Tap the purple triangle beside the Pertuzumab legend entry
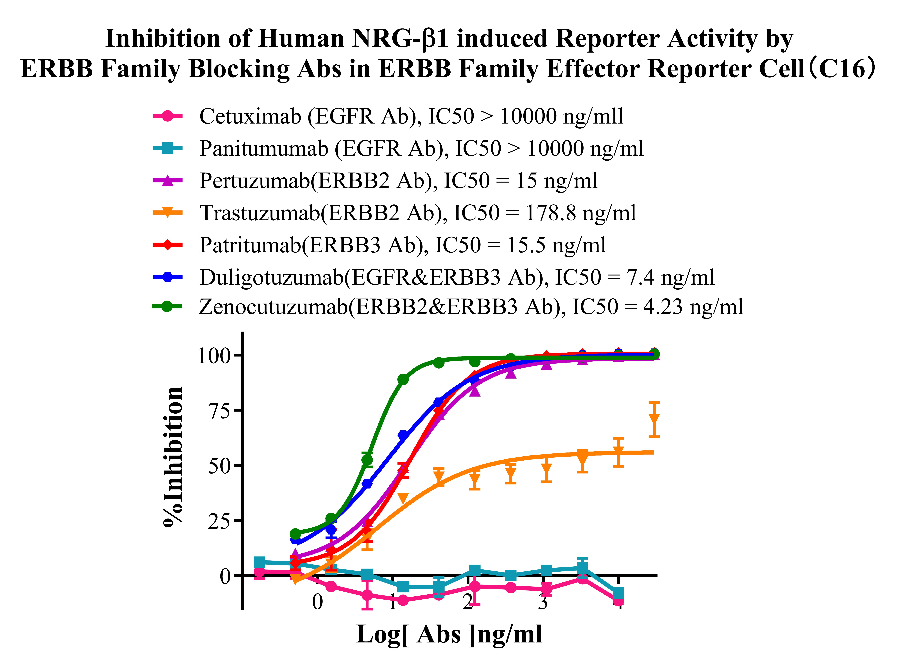[x=168, y=181]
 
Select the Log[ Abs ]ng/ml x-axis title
[x=449, y=635]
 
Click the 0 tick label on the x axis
[x=318, y=602]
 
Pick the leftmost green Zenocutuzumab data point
[x=295, y=534]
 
